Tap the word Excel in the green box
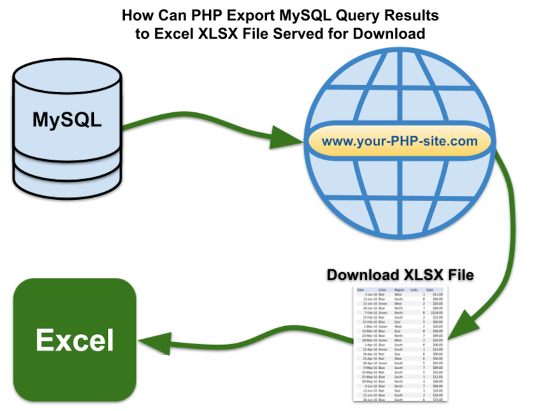click(x=75, y=340)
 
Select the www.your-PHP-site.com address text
click(x=399, y=141)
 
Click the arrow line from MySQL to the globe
click(x=200, y=125)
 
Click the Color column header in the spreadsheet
click(x=382, y=289)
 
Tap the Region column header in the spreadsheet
click(x=400, y=289)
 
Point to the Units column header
click(x=416, y=289)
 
